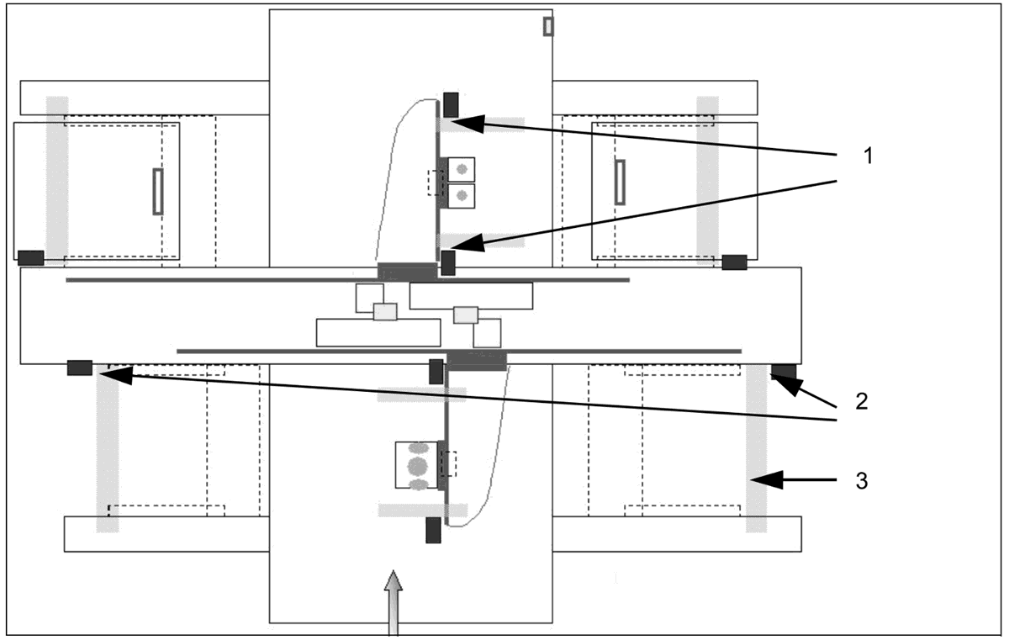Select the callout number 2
[860, 400]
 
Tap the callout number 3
[860, 482]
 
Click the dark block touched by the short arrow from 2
[784, 372]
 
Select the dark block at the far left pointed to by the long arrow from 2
[80, 368]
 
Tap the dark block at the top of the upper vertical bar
[451, 104]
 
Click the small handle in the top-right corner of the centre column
[548, 27]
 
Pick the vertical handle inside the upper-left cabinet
[157, 192]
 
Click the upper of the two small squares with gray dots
[461, 170]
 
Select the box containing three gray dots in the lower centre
[417, 464]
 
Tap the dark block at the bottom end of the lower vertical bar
[434, 531]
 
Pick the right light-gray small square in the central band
[466, 315]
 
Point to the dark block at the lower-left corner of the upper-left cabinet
[31, 257]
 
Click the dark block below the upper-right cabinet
[734, 262]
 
